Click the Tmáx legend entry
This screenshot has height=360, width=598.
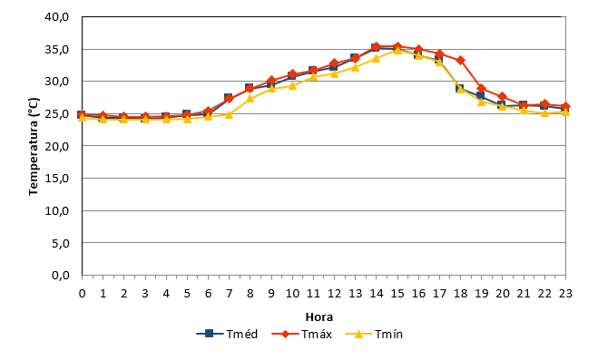[301, 334]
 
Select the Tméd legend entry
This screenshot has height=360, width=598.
[227, 334]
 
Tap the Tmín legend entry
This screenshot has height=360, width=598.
[374, 334]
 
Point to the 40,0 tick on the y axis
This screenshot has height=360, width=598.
[57, 17]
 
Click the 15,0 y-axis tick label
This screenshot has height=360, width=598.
[57, 179]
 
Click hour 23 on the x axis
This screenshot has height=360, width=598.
[565, 293]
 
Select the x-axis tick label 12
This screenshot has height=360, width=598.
[334, 293]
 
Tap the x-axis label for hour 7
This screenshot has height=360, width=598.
[229, 293]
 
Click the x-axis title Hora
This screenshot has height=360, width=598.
[319, 317]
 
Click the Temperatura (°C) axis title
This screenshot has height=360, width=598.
[34, 147]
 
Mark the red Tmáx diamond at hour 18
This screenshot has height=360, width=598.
[460, 60]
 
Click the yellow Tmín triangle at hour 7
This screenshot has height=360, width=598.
[229, 114]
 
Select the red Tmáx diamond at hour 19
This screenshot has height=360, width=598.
[481, 89]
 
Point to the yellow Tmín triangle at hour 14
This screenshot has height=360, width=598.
[376, 58]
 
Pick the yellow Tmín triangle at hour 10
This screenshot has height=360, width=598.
[292, 85]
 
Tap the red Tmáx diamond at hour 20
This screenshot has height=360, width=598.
[503, 97]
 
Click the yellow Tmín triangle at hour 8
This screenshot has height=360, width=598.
[250, 98]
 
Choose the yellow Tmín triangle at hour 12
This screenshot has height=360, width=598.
[334, 73]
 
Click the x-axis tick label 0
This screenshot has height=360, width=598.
[82, 293]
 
